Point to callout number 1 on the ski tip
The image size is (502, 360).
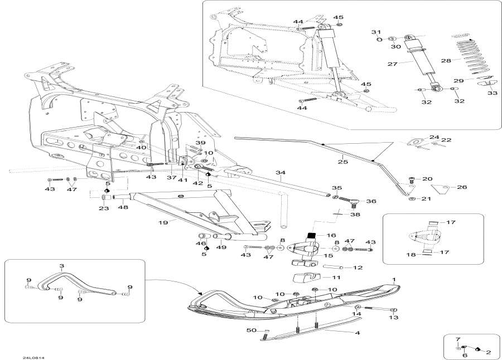click(x=394, y=279)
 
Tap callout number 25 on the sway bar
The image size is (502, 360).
click(x=343, y=162)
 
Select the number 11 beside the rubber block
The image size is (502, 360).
click(x=336, y=277)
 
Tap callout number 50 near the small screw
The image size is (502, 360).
click(x=252, y=331)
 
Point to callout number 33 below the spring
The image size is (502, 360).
click(x=493, y=94)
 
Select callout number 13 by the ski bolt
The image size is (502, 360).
click(x=394, y=318)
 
